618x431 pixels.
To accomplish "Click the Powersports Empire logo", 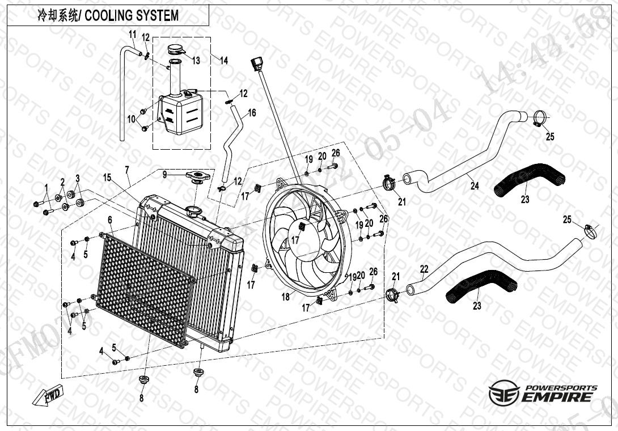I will (543, 392).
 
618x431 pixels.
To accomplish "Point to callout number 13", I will (196, 60).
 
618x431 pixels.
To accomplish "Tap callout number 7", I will (127, 170).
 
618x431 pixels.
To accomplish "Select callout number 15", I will (107, 178).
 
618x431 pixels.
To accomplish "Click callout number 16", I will (252, 113).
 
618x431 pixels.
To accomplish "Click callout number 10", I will (131, 119).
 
